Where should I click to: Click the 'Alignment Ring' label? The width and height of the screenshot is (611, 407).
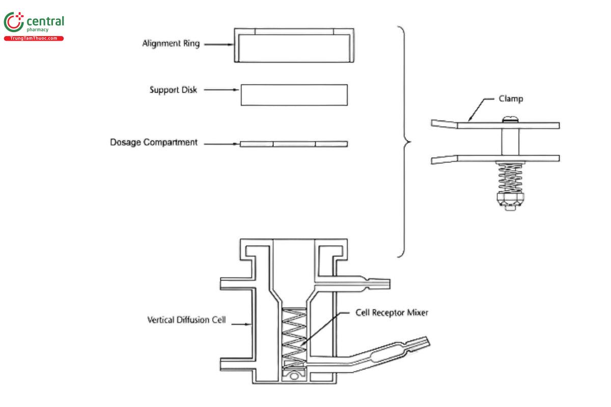tap(171, 44)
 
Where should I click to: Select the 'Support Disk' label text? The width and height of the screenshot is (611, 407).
tap(173, 90)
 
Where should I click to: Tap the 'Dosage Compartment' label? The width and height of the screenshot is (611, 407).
tap(154, 142)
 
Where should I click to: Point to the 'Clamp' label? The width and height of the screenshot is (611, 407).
tap(511, 99)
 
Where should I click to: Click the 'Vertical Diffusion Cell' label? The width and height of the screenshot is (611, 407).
tap(186, 321)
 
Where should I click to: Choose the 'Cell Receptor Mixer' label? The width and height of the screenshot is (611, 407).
tap(392, 312)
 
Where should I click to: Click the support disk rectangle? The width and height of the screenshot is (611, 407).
tap(294, 95)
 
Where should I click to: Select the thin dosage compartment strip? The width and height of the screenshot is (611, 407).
tap(294, 144)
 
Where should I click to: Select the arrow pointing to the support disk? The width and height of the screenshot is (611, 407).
tap(223, 91)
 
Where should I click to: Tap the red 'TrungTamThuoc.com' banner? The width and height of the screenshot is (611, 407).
tap(34, 39)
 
